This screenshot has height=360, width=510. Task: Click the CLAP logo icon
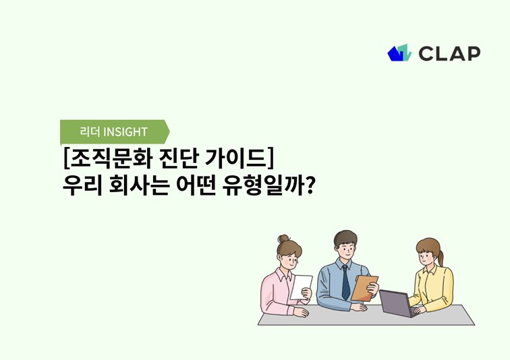click(x=399, y=53)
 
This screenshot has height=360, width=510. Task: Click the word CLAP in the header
click(x=449, y=53)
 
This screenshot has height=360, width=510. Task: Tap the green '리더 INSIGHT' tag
click(x=113, y=131)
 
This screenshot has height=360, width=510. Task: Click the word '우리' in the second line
click(x=80, y=185)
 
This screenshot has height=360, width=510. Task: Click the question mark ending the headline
click(x=310, y=185)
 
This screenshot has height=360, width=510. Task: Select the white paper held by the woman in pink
click(x=301, y=287)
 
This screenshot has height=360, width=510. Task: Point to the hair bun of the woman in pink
click(x=283, y=239)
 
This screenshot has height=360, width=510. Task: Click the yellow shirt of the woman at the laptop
click(x=432, y=287)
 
